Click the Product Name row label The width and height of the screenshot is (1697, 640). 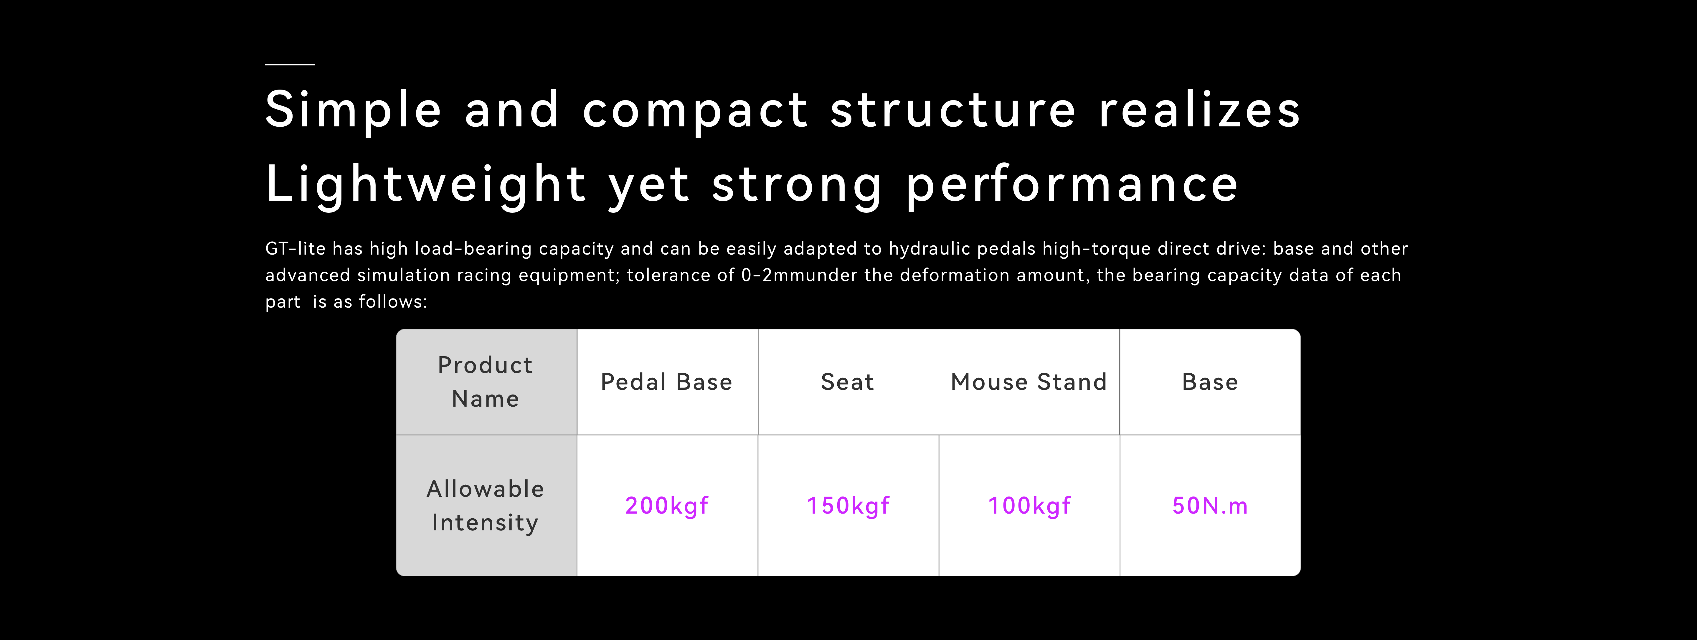tap(486, 382)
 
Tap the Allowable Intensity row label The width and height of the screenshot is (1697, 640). tap(486, 506)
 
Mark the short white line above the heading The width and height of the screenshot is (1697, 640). tap(290, 64)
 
